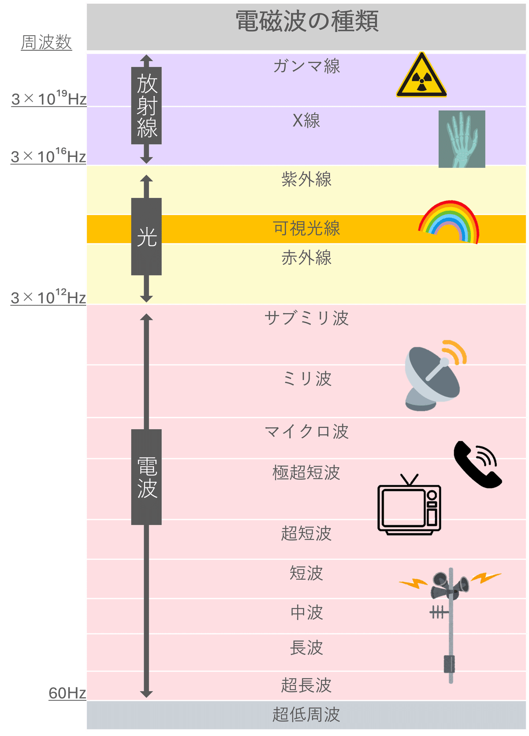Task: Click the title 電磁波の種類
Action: pos(307,21)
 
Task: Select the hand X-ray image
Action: pos(462,139)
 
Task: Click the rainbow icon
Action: pos(449,221)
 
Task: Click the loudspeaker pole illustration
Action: pos(450,621)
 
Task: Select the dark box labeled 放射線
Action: pos(146,106)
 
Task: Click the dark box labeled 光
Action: pos(146,237)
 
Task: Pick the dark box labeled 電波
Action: pos(146,477)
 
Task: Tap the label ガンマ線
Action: pos(306,66)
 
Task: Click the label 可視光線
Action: pos(306,228)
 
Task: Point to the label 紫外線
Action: pos(306,179)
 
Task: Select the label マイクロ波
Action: pos(306,431)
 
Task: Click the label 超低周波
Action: pos(306,714)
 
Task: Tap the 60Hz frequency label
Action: pos(67,693)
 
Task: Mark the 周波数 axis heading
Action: pos(46,43)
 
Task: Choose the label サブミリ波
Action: pos(306,318)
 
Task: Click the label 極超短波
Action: pos(306,472)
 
